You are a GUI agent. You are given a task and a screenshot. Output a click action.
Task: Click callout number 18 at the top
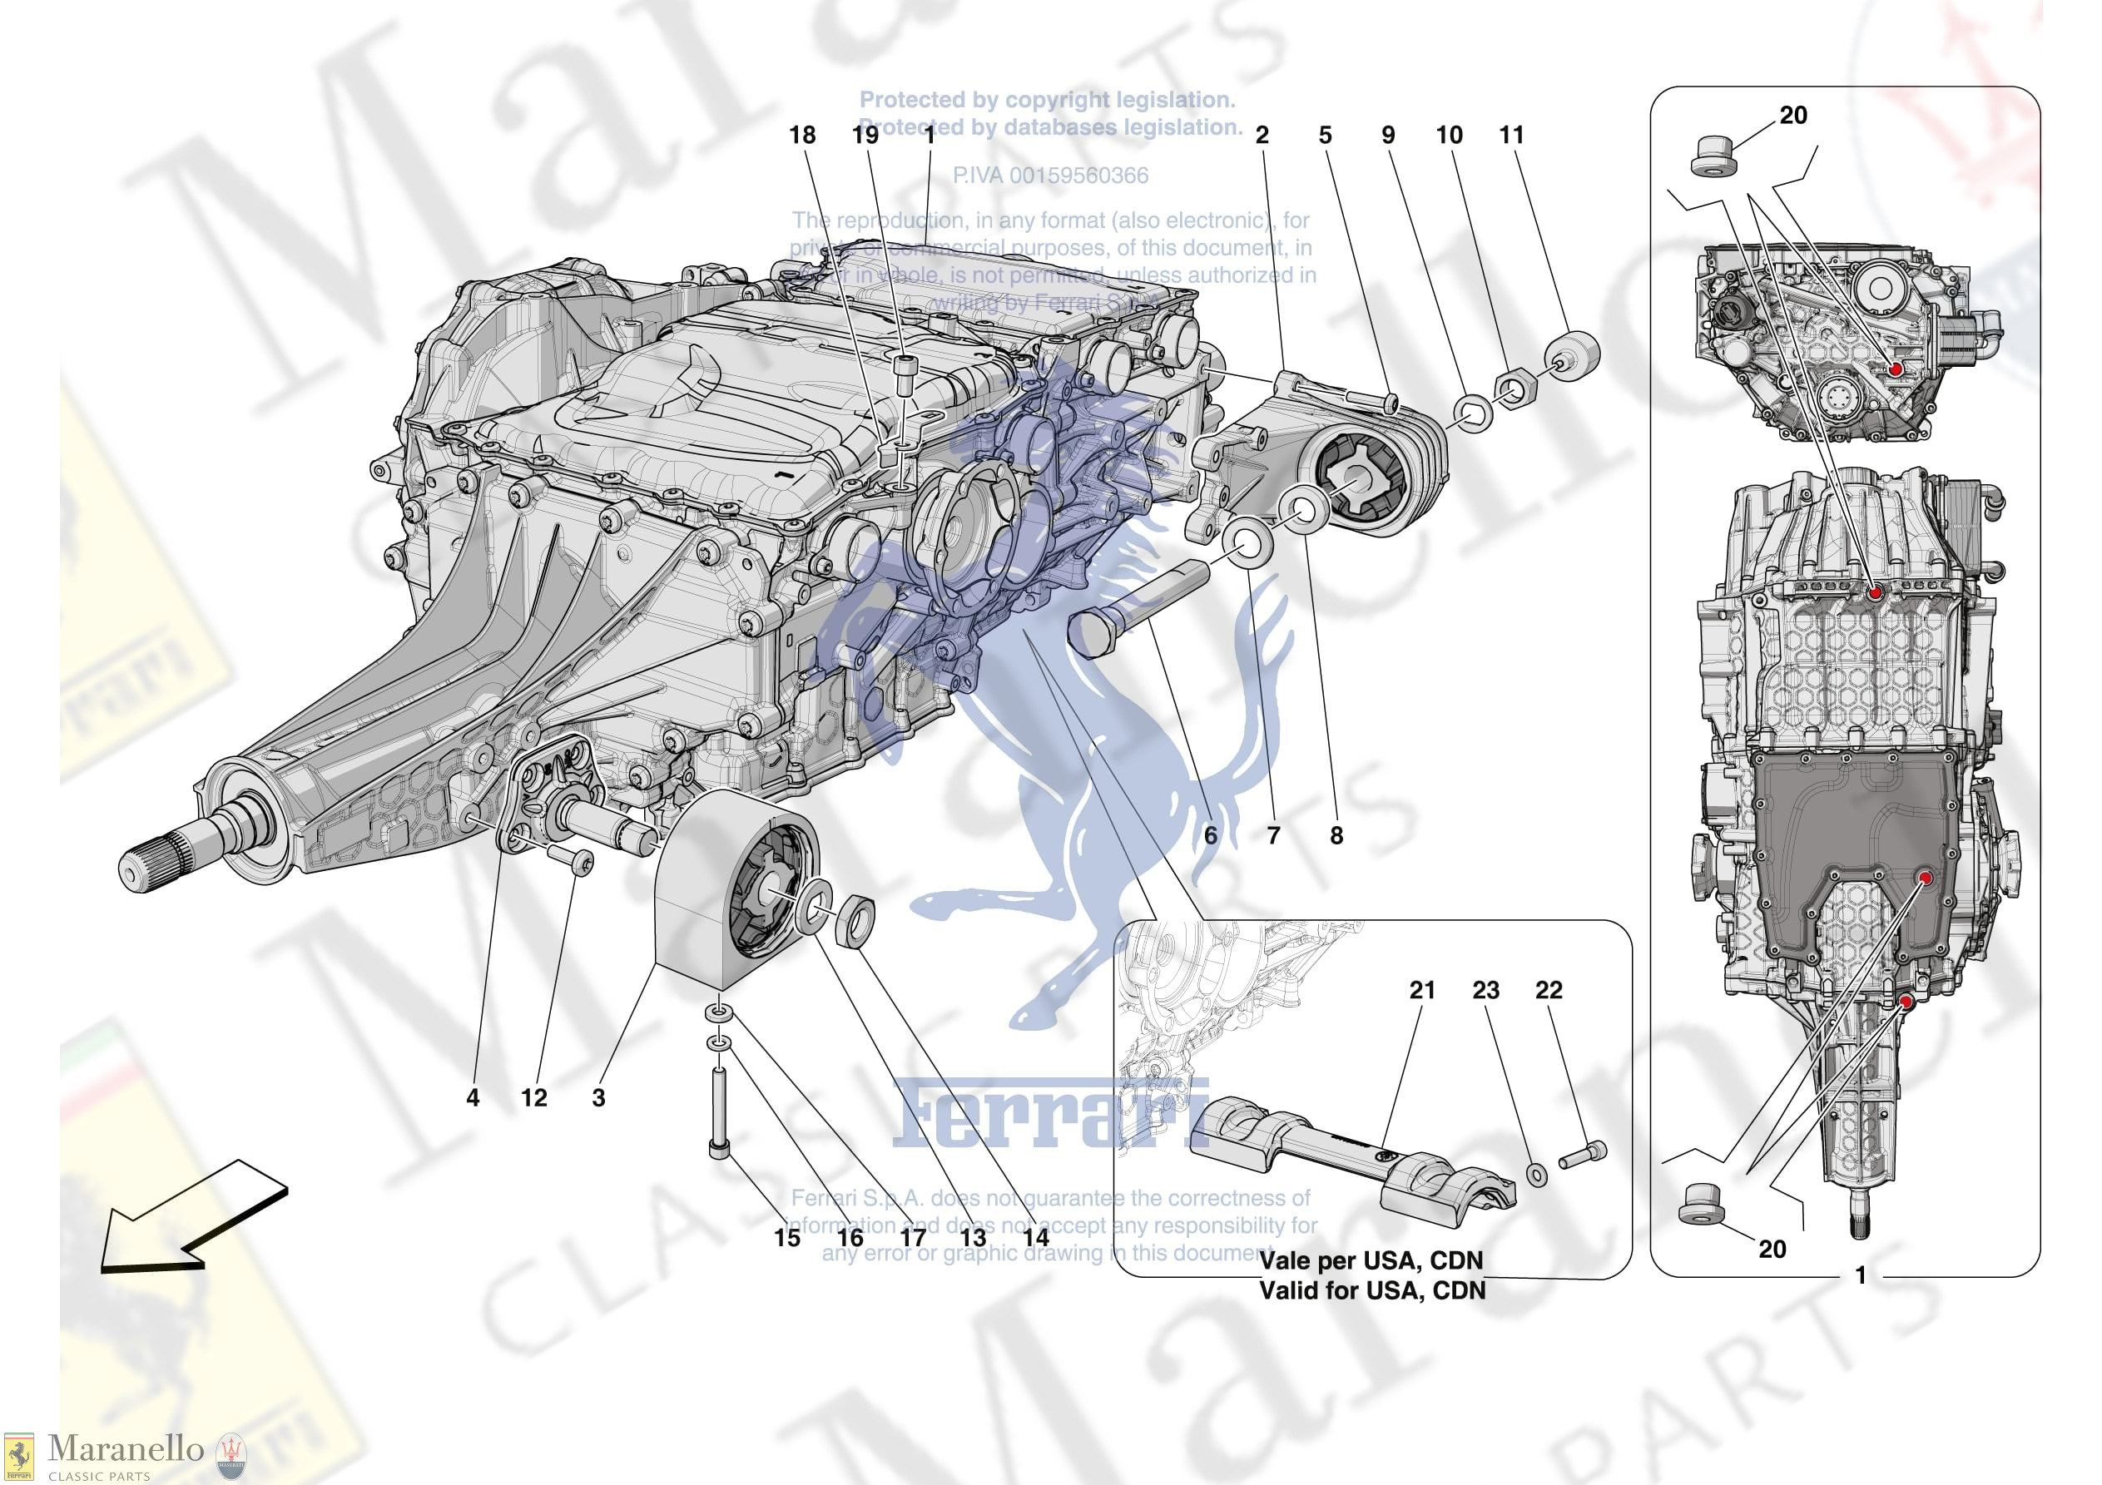pyautogui.click(x=802, y=136)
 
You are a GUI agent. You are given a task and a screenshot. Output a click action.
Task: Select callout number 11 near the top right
pyautogui.click(x=1510, y=136)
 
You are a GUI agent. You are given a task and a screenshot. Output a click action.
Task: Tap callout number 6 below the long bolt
pyautogui.click(x=1210, y=835)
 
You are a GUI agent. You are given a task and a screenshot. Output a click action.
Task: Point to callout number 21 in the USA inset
pyautogui.click(x=1422, y=990)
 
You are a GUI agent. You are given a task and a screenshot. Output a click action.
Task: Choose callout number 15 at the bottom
pyautogui.click(x=787, y=1238)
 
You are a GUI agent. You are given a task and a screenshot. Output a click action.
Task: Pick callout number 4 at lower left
pyautogui.click(x=473, y=1096)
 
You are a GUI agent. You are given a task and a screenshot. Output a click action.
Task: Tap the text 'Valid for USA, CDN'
pyautogui.click(x=1371, y=1290)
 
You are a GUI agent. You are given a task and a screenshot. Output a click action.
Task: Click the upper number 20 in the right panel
pyautogui.click(x=1792, y=116)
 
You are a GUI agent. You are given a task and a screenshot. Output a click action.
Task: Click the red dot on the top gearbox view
pyautogui.click(x=1896, y=369)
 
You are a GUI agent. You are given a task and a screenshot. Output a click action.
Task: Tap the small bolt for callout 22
pyautogui.click(x=1582, y=1156)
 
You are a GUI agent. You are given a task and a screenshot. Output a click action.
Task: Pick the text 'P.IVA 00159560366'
pyautogui.click(x=1050, y=175)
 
